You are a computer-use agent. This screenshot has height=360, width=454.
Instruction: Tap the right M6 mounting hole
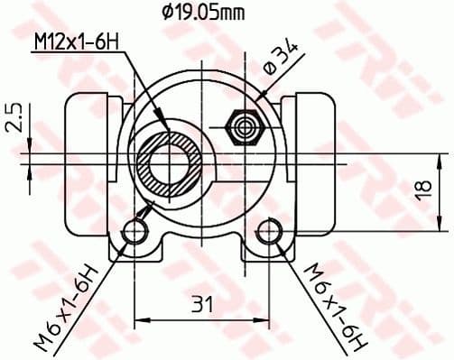coord(269,234)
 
